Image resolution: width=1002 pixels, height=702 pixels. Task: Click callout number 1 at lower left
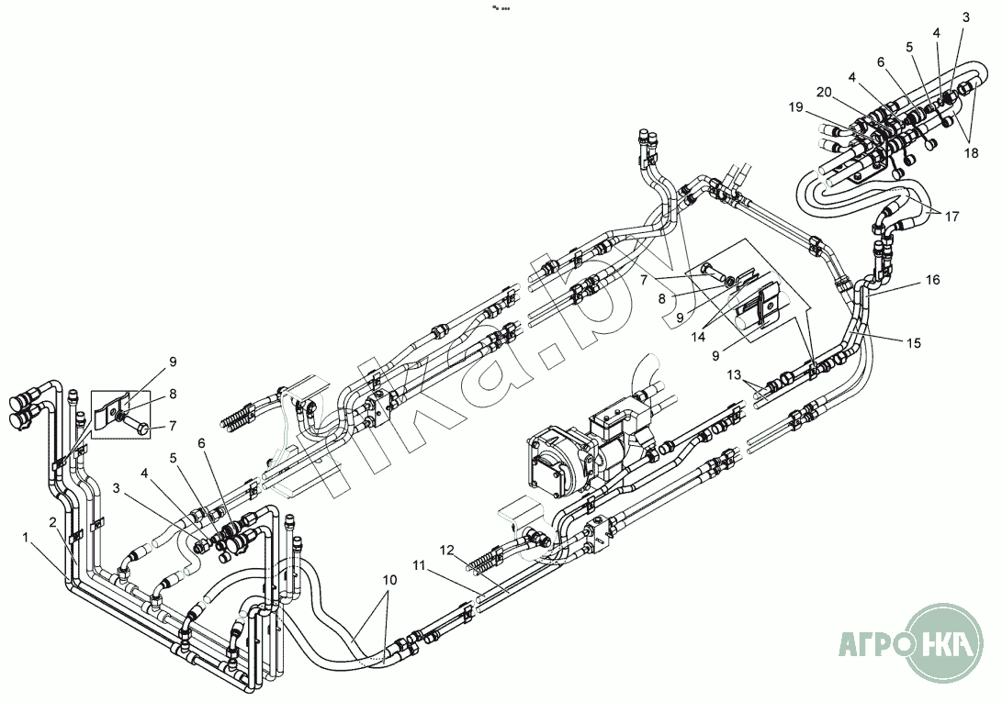pos(27,536)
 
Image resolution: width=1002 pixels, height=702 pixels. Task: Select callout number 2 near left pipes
pos(53,522)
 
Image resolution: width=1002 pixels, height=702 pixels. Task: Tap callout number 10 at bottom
pos(389,580)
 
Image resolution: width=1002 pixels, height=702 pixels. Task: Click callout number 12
pos(446,551)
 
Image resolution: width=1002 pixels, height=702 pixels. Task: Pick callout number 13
pos(734,375)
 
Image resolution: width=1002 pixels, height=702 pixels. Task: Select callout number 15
pos(914,343)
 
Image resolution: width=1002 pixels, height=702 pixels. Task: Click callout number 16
pos(932,281)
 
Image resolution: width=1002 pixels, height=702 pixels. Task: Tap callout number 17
pos(951,217)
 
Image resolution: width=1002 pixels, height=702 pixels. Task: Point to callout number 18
pos(971,154)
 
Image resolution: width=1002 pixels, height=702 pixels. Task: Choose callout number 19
pos(794,107)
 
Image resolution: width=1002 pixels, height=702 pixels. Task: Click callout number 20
pos(824,92)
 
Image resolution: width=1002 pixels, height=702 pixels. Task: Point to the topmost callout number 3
pos(965,17)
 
